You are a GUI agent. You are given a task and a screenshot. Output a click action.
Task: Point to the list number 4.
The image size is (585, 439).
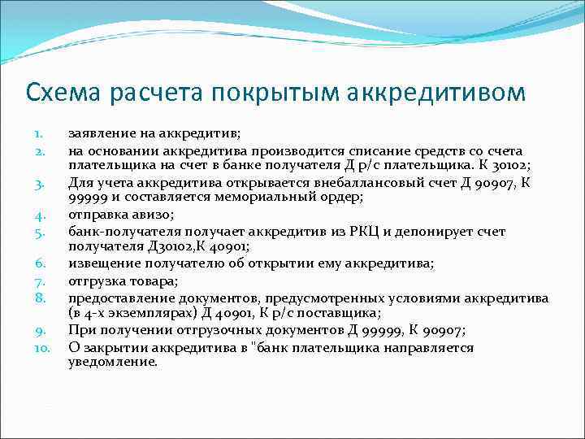click(38, 215)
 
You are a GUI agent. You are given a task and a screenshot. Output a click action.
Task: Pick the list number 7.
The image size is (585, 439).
click(38, 281)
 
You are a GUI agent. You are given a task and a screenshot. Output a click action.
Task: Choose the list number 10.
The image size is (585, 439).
click(41, 347)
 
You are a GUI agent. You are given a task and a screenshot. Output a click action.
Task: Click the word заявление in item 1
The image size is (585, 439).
click(97, 133)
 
